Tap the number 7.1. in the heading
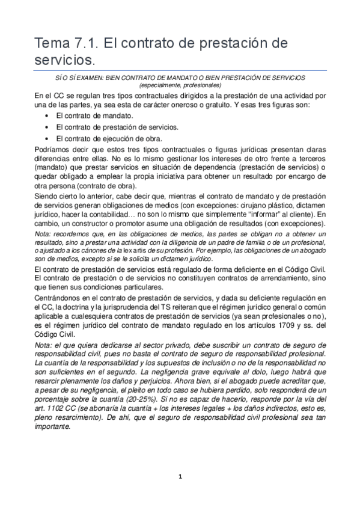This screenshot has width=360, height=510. (x=87, y=44)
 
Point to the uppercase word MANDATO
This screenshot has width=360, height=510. (x=207, y=78)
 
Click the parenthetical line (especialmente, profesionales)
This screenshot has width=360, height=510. (x=180, y=85)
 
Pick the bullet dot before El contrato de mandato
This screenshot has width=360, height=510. (x=47, y=115)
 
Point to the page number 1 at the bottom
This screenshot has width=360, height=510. (x=180, y=476)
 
